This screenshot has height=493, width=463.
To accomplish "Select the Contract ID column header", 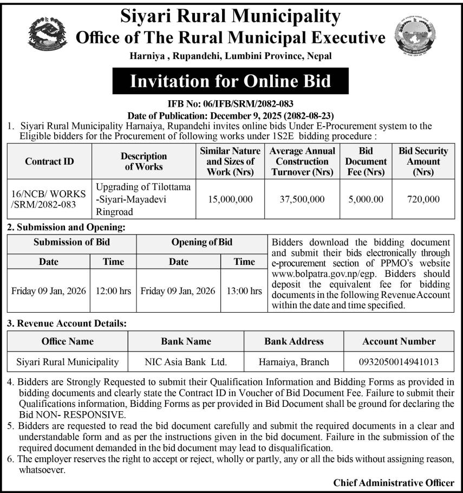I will (x=50, y=161).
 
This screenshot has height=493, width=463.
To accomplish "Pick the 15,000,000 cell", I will (x=230, y=199).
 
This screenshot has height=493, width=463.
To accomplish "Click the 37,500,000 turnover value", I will (x=302, y=199).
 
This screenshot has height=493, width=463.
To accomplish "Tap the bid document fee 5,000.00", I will (x=366, y=199).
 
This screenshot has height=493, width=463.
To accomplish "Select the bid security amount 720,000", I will (x=423, y=199).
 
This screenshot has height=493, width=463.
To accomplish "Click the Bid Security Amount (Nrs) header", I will (x=423, y=161).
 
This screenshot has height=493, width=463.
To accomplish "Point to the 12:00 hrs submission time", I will (x=113, y=290).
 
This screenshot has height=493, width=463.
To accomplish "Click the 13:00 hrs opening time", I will (x=244, y=290).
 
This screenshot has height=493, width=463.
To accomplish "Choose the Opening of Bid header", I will (x=201, y=242).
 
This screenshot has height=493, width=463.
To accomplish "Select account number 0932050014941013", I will (x=399, y=361).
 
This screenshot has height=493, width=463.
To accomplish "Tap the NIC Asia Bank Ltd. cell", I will (x=186, y=361).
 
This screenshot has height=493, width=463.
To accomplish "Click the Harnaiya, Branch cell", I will (x=294, y=361).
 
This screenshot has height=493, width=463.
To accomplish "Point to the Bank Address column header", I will (x=294, y=341).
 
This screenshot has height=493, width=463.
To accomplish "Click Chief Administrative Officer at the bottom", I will (x=394, y=482).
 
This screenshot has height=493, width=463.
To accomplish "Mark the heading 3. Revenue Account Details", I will (x=67, y=323).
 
